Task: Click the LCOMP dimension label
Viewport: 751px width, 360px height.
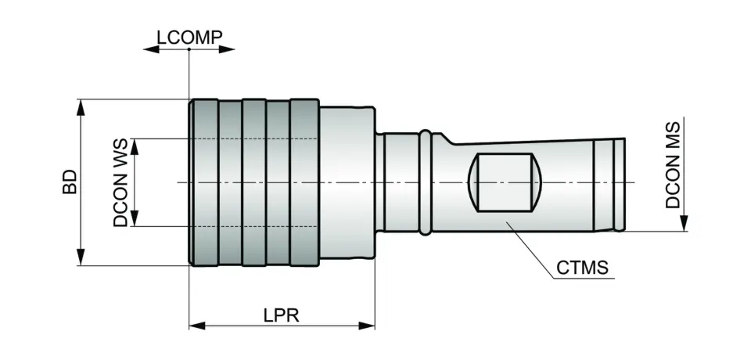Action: click(189, 37)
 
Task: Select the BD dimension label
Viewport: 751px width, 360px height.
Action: click(70, 182)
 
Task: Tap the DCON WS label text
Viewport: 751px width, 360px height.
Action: click(120, 183)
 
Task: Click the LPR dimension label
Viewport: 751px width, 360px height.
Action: click(282, 314)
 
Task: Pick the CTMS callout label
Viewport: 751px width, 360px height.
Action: click(582, 268)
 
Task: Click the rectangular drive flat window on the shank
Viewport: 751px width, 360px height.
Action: click(504, 183)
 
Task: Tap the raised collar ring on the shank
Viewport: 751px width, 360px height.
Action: click(425, 182)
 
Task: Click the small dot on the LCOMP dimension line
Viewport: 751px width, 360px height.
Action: click(189, 49)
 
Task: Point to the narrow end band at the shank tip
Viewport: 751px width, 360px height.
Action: click(618, 185)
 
